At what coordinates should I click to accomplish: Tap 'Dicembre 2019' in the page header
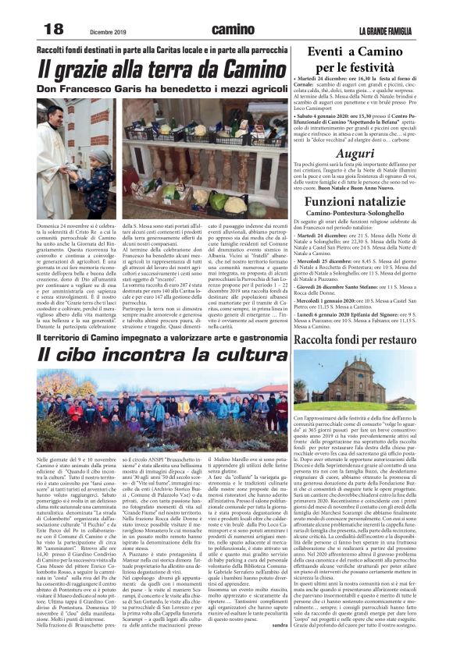coord(107,31)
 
